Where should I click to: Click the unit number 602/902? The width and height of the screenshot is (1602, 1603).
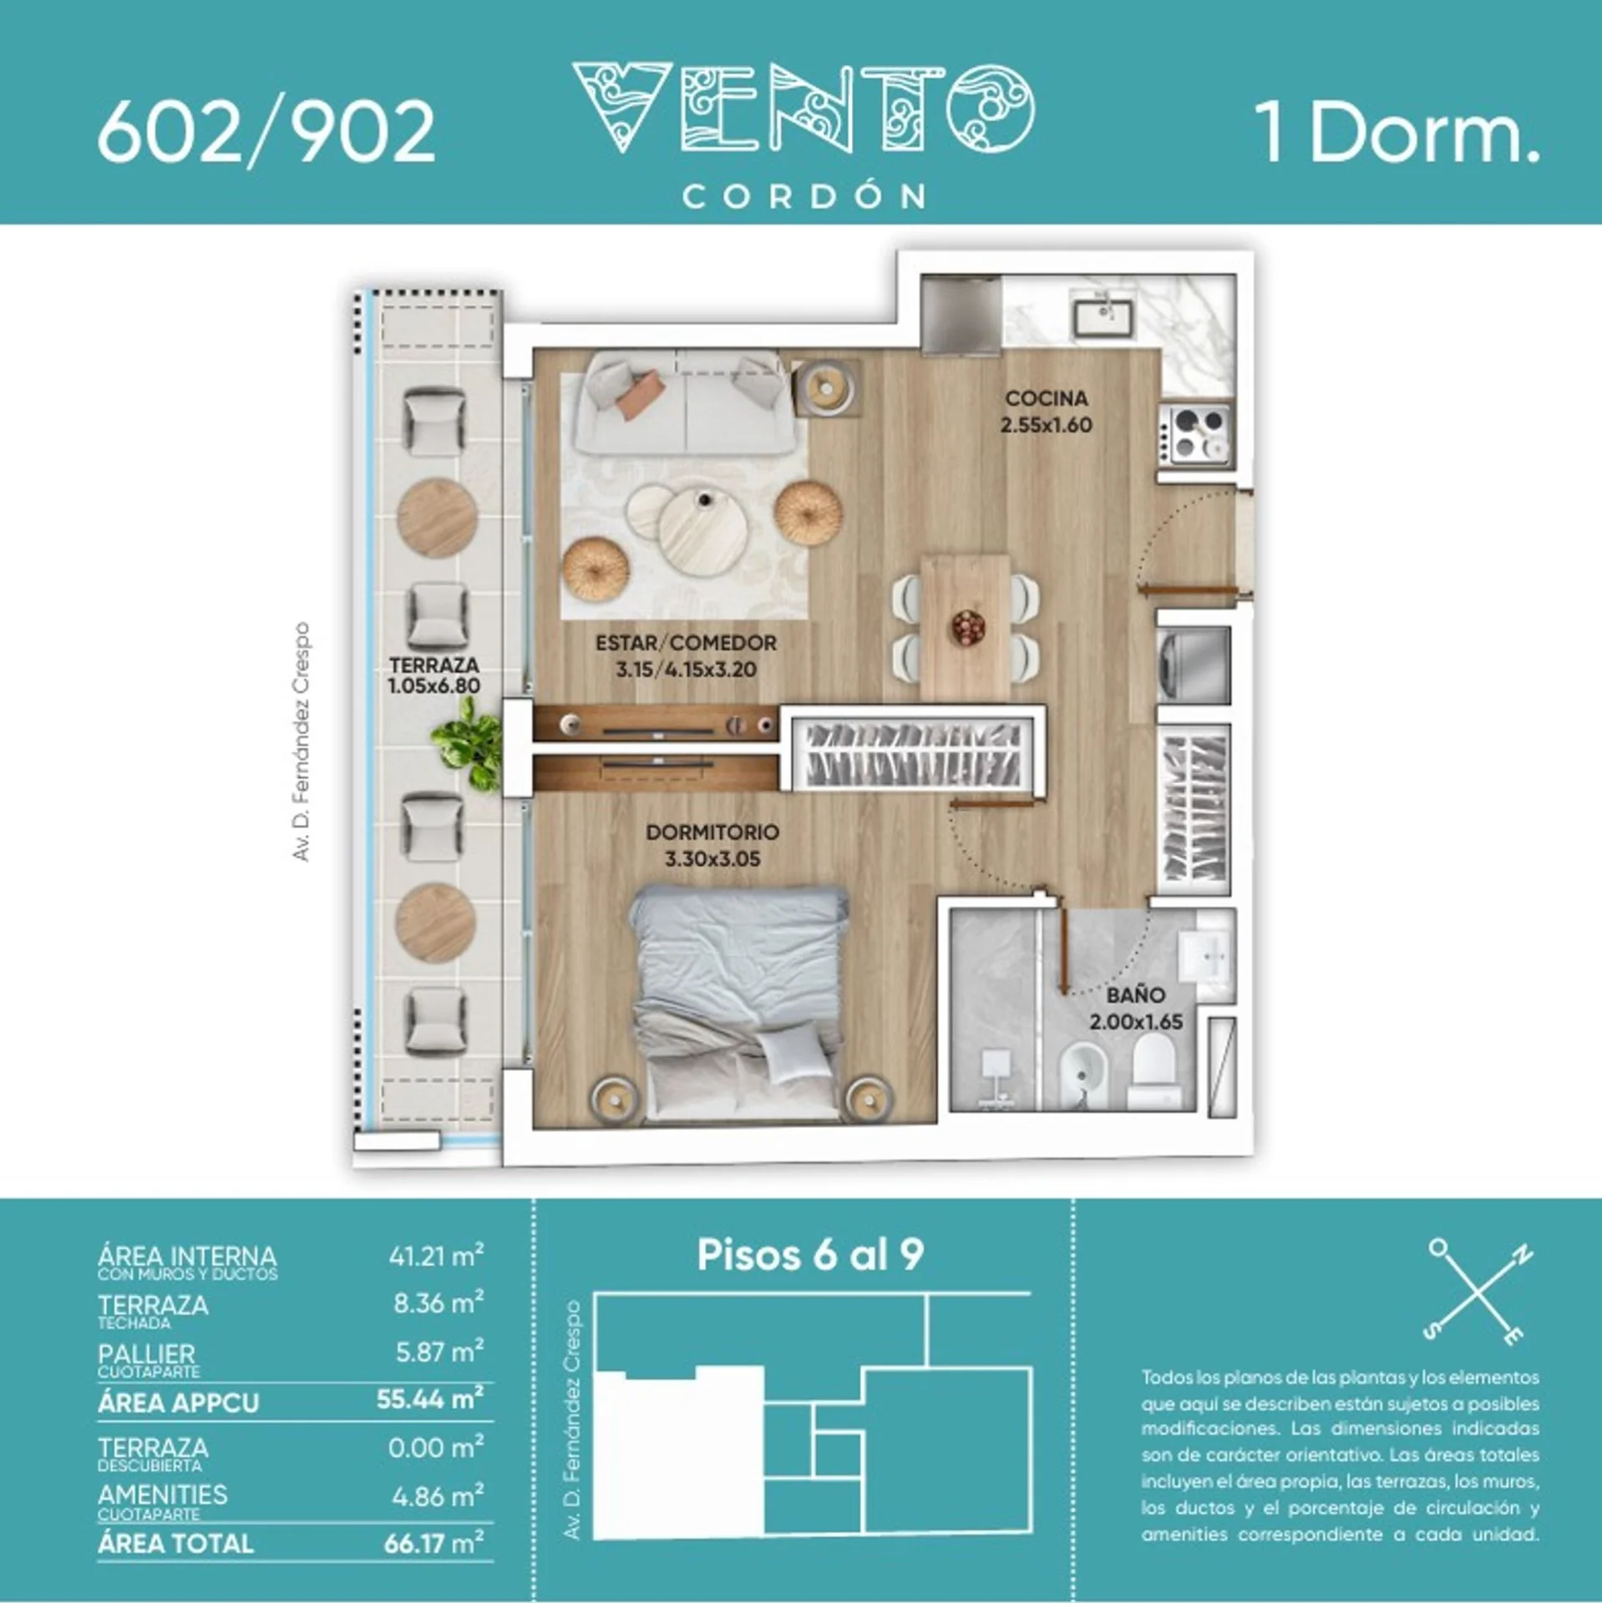[x=266, y=133]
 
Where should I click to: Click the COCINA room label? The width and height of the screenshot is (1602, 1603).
[x=1047, y=398]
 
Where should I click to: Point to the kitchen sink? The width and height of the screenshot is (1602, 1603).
[x=1103, y=317]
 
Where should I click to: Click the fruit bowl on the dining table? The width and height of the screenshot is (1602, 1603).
[x=968, y=627]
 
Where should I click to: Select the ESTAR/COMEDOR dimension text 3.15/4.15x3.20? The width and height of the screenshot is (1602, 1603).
[x=686, y=670]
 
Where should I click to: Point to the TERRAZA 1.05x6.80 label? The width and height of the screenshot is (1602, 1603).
[x=433, y=675]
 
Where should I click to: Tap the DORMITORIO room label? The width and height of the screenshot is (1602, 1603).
[x=712, y=832]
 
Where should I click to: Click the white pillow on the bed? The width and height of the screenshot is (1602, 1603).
[x=792, y=1056]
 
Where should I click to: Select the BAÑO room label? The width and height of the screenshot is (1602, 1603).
[x=1135, y=995]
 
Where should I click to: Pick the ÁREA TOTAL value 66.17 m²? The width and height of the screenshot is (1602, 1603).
[x=433, y=1542]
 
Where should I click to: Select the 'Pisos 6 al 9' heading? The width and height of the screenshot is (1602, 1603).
[x=810, y=1255]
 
